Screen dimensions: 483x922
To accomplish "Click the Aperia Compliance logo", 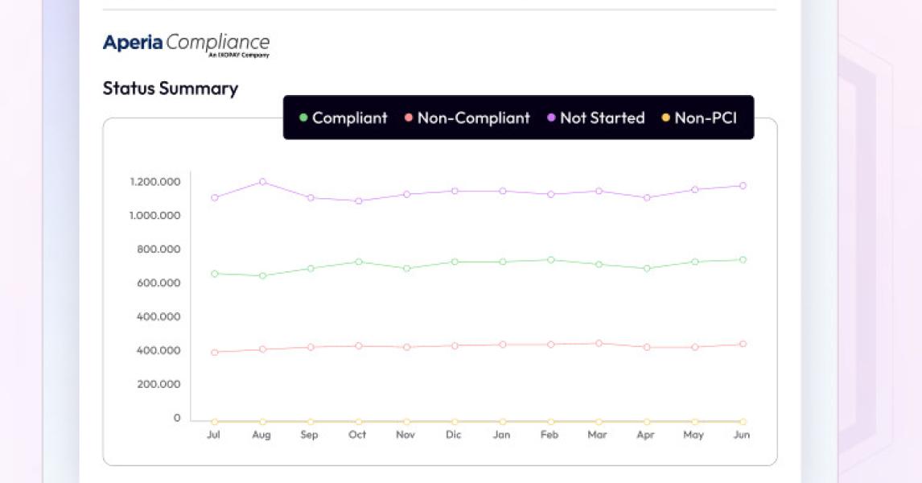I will (186, 44).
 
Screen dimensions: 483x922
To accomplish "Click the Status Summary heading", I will (171, 89).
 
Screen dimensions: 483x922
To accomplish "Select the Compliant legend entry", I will (344, 118).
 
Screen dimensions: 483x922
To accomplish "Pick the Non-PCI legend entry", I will (699, 118).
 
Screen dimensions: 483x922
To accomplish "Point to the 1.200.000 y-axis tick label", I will (154, 182).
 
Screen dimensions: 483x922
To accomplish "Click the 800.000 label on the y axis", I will (158, 250).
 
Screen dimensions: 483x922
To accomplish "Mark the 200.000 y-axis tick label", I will (158, 384).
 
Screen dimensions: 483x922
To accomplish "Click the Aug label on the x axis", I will (261, 435).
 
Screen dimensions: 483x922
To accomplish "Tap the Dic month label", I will (454, 435).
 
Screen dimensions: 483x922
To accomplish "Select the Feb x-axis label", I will (549, 435).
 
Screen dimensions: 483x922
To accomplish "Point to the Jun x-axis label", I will (742, 435).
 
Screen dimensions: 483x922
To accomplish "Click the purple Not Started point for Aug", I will (262, 182).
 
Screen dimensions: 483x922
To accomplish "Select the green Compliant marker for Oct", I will (359, 262).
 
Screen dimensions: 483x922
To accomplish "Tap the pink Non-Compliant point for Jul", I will (214, 352).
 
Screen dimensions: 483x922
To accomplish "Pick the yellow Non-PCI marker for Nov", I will (406, 421).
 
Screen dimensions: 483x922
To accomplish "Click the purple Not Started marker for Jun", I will (743, 185).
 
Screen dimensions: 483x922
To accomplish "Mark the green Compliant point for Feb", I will (550, 259).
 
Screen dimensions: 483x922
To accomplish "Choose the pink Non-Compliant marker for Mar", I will (599, 343).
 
